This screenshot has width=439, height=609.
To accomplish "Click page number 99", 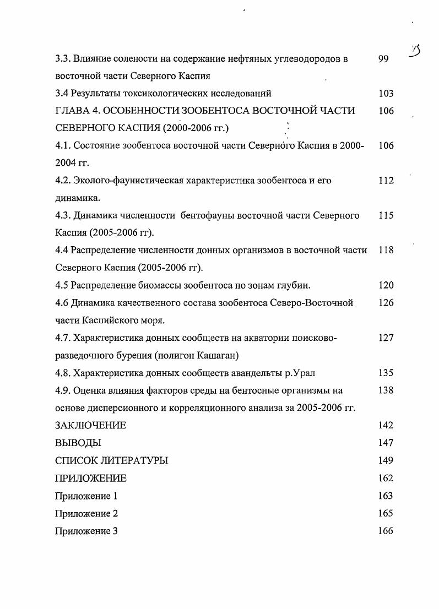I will [x=384, y=58].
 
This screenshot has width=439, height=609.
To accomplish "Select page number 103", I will [x=386, y=94].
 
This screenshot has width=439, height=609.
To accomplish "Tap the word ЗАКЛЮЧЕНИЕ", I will [x=91, y=425].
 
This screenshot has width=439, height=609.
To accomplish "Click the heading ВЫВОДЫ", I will [x=78, y=443].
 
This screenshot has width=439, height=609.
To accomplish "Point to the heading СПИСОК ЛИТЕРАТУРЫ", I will [x=112, y=460].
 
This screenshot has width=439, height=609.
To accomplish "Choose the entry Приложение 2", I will [x=86, y=513].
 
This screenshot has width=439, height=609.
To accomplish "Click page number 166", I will [x=386, y=531].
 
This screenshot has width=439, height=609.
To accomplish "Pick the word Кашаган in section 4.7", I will [x=220, y=355].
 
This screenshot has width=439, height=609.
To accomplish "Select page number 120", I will [x=386, y=285].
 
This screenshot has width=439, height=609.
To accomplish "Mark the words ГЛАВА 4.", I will [x=77, y=111].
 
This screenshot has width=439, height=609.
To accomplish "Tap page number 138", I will [x=386, y=390].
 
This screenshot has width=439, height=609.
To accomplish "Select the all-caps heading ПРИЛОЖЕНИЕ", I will [x=91, y=478].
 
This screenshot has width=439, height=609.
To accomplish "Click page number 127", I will [x=386, y=338].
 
